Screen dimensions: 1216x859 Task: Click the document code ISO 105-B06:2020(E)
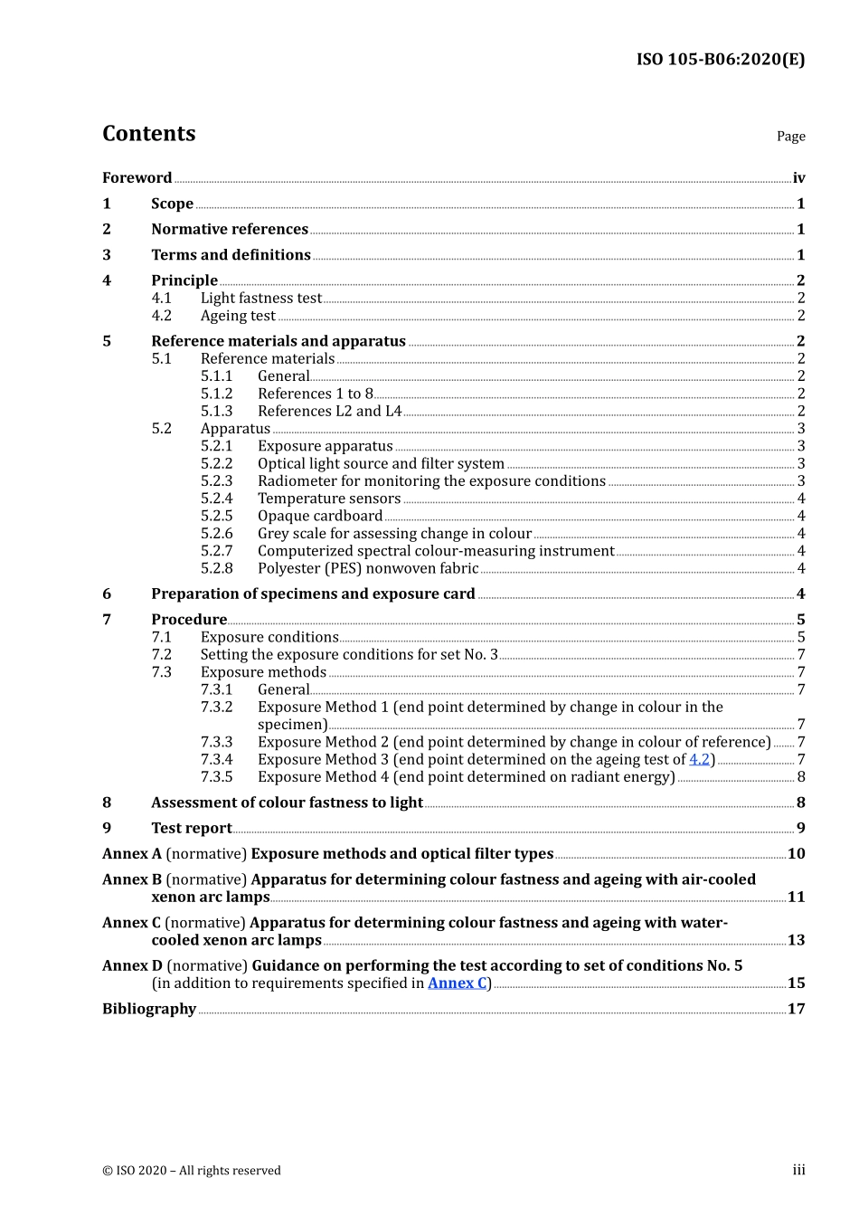click(720, 60)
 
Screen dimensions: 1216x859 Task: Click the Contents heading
click(148, 134)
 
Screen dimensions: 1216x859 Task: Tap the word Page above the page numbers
click(790, 137)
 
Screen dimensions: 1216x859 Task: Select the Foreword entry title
click(137, 178)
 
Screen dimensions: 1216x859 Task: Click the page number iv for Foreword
click(798, 178)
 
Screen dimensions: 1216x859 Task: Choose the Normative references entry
click(230, 230)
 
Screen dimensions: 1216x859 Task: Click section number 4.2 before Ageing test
click(161, 316)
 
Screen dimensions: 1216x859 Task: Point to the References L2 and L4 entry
click(329, 412)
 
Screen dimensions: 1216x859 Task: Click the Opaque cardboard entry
click(320, 517)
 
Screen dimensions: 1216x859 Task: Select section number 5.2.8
click(216, 569)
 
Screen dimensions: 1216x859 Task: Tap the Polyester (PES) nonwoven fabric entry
click(368, 569)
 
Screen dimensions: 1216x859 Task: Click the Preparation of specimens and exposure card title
click(313, 594)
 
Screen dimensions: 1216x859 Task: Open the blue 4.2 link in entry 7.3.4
click(699, 760)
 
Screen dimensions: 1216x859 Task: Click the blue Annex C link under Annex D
click(457, 983)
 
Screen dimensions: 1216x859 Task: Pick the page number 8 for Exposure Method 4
click(801, 777)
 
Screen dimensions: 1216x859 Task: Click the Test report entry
click(192, 829)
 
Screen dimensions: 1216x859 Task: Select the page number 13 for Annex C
click(796, 940)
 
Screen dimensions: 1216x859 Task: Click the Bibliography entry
click(149, 1009)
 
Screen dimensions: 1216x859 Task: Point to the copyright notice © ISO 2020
click(192, 1171)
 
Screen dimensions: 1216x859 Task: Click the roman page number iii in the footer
click(798, 1171)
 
